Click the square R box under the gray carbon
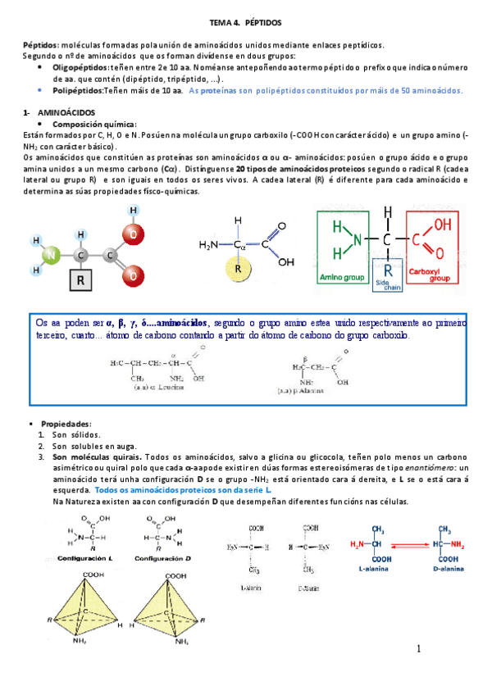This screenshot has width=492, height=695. tap(80, 281)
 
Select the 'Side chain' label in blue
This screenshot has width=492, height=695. tap(383, 284)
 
